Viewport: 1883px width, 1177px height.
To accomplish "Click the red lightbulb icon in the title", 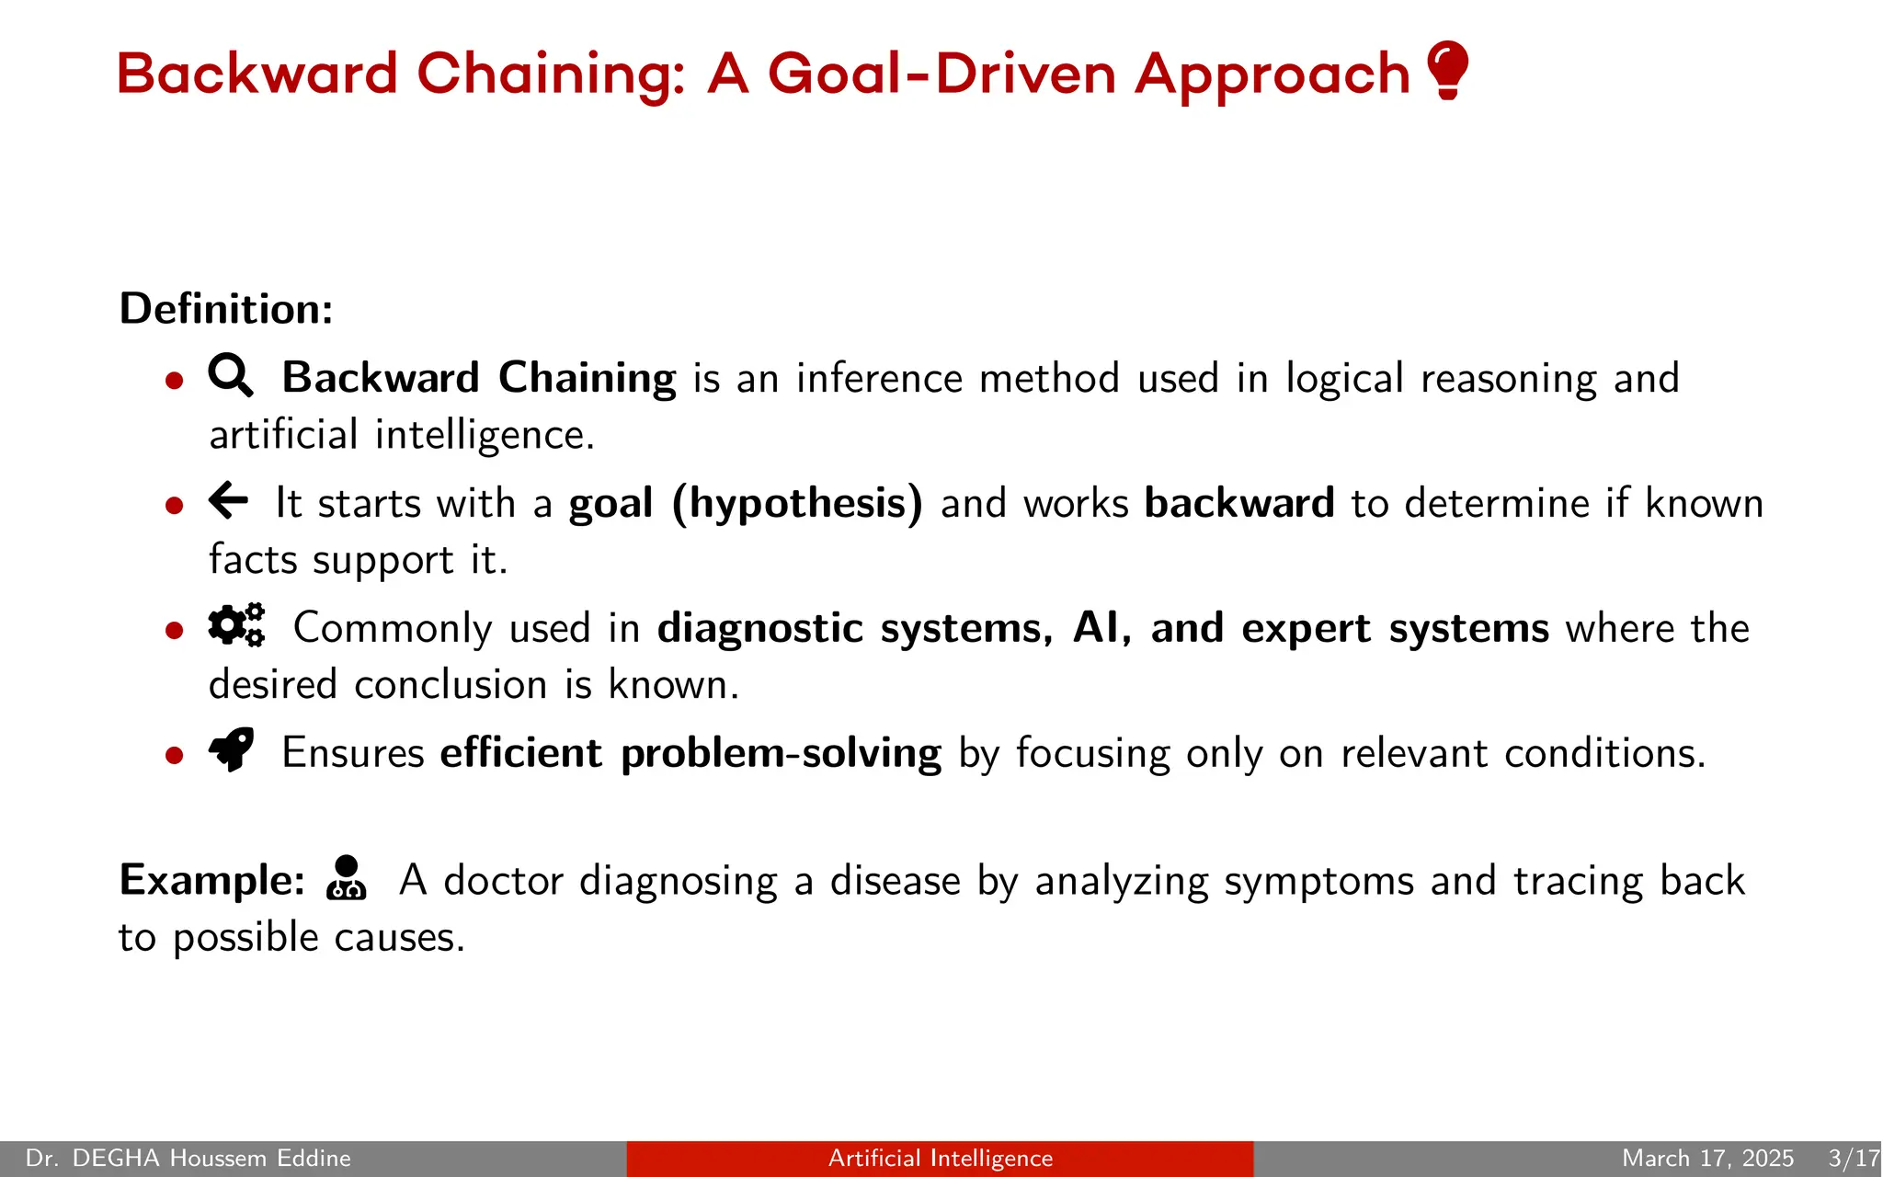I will pyautogui.click(x=1448, y=70).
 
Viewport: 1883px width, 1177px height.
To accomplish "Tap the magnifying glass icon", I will pyautogui.click(x=230, y=375).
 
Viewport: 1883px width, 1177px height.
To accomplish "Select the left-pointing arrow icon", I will pyautogui.click(x=228, y=500).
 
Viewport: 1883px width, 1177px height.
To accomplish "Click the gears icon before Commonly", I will pyautogui.click(x=236, y=625).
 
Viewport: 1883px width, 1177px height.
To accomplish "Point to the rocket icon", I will pyautogui.click(x=232, y=749).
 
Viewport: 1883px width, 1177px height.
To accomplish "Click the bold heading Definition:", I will pyautogui.click(x=226, y=308).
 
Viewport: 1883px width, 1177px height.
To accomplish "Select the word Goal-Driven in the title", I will pyautogui.click(x=941, y=74).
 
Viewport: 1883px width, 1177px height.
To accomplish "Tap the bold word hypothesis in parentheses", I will pyautogui.click(x=798, y=503).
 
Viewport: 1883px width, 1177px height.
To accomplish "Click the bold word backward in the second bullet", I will pyautogui.click(x=1238, y=503).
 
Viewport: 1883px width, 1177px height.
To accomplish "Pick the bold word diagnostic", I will pyautogui.click(x=760, y=629).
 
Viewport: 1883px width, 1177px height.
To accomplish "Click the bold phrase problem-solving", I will pyautogui.click(x=781, y=753).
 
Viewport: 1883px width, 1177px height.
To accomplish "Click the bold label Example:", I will pyautogui.click(x=212, y=880).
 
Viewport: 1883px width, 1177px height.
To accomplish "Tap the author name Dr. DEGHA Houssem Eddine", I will pyautogui.click(x=188, y=1158).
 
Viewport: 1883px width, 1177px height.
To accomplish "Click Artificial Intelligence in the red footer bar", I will pyautogui.click(x=940, y=1158).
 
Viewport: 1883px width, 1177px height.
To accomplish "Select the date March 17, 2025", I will pyautogui.click(x=1707, y=1158).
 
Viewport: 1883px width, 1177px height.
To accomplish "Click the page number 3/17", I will pyautogui.click(x=1853, y=1158).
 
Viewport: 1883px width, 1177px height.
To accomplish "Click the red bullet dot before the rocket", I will pyautogui.click(x=175, y=755).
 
